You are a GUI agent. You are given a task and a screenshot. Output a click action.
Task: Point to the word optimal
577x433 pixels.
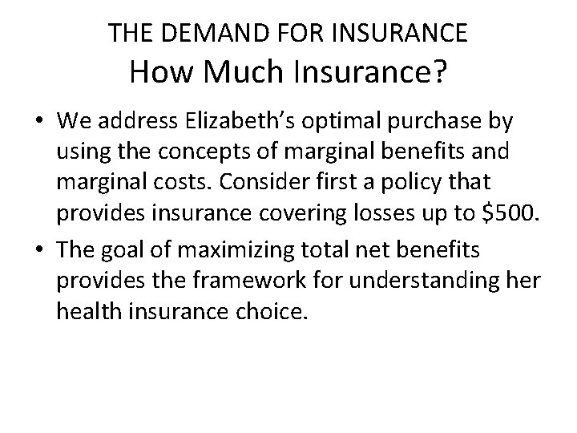pyautogui.click(x=343, y=121)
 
